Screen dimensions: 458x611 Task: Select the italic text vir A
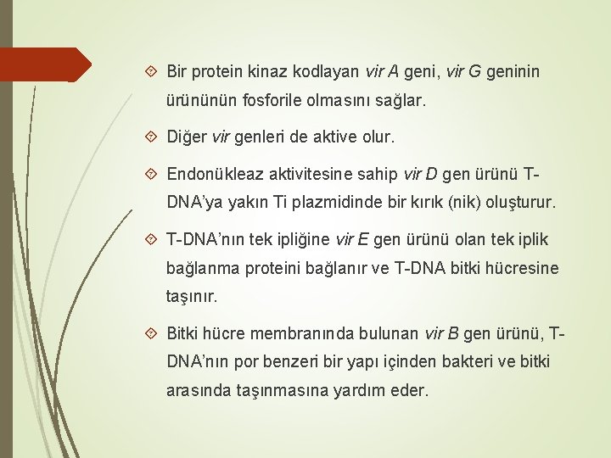[385, 71]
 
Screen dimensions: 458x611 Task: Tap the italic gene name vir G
[462, 71]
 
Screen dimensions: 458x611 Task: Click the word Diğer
[187, 136]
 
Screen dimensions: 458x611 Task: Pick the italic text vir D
[421, 175]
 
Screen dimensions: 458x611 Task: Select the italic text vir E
[351, 239]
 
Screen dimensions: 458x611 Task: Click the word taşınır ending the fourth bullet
[192, 298]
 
